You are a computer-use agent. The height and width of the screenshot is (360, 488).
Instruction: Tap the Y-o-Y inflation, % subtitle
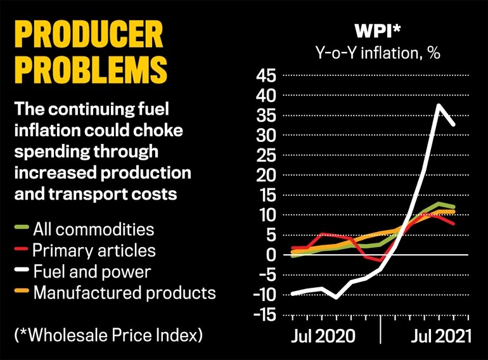click(378, 52)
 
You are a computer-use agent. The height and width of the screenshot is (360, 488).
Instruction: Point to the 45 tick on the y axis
click(265, 76)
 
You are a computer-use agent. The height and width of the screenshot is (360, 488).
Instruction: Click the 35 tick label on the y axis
click(265, 116)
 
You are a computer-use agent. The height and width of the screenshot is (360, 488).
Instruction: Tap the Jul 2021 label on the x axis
click(436, 335)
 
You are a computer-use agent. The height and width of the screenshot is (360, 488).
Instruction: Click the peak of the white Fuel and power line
click(438, 105)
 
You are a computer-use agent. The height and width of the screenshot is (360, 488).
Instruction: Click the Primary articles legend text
click(94, 250)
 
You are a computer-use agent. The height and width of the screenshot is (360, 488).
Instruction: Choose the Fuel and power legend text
click(91, 271)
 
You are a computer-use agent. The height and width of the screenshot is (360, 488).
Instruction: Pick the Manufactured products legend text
click(124, 293)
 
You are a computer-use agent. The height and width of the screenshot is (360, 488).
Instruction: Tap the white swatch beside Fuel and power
click(22, 272)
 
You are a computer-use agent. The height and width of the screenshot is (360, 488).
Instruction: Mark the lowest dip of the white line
click(337, 297)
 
